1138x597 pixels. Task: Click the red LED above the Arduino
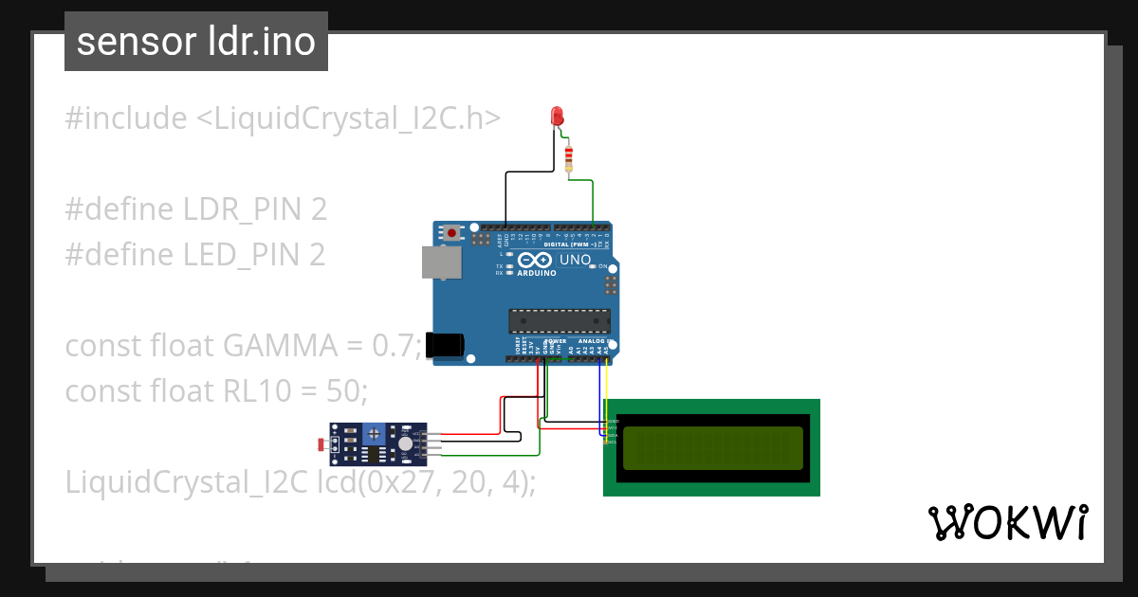tap(558, 116)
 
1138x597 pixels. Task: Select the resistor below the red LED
tap(568, 158)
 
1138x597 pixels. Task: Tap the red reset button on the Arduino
tap(453, 232)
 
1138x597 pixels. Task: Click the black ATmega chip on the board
tap(557, 322)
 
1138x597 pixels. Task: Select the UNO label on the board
tap(576, 260)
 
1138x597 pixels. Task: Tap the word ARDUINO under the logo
tap(536, 273)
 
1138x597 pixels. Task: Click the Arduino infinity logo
tap(535, 260)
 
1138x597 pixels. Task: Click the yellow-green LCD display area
tap(711, 446)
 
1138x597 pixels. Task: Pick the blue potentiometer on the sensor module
tap(376, 433)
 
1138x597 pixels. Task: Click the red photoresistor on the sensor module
tap(322, 443)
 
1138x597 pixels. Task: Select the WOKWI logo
tap(1007, 522)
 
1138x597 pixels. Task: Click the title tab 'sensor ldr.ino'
tap(196, 42)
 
